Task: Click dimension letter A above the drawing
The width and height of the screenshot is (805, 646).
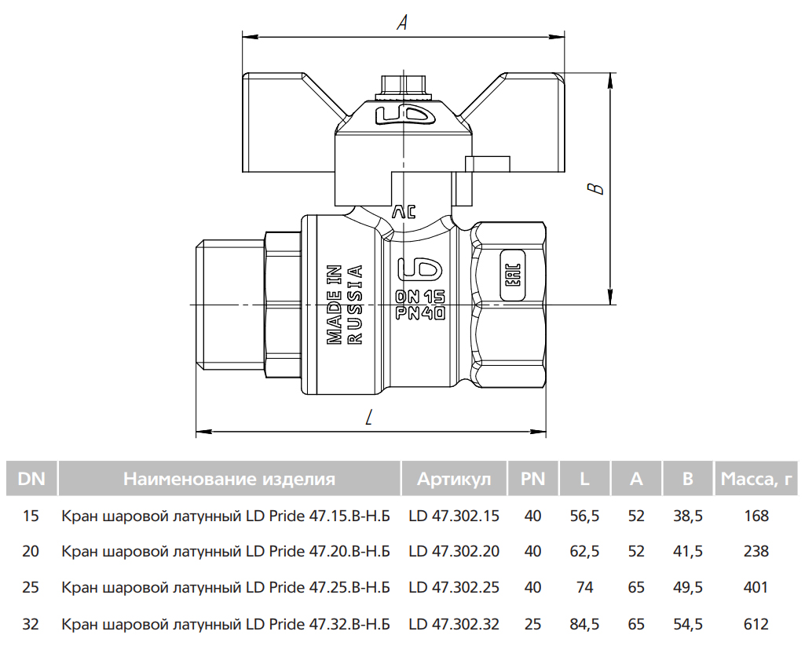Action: [x=402, y=22]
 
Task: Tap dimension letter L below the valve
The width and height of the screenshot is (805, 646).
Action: [x=368, y=418]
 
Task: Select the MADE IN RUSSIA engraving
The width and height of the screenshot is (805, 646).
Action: [x=345, y=305]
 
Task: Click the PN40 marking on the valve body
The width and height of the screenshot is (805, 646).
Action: [x=420, y=313]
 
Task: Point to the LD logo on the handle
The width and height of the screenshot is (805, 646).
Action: [x=405, y=115]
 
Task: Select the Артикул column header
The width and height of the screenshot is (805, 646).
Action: [x=454, y=480]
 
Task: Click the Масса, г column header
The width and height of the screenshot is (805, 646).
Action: [x=756, y=480]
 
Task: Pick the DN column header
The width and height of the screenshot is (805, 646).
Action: [x=31, y=480]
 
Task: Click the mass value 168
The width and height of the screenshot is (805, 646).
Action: [x=756, y=516]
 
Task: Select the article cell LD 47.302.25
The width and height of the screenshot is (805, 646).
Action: [x=454, y=587]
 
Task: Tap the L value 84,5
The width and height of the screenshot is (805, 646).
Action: [x=584, y=624]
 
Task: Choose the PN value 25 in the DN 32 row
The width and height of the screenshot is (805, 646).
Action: [x=533, y=624]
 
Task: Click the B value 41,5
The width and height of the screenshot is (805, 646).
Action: [x=688, y=551]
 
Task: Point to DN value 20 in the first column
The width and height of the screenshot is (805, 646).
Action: [x=31, y=551]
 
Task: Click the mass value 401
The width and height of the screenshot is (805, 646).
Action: [x=756, y=587]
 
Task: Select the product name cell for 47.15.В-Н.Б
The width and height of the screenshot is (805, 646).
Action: [x=226, y=516]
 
